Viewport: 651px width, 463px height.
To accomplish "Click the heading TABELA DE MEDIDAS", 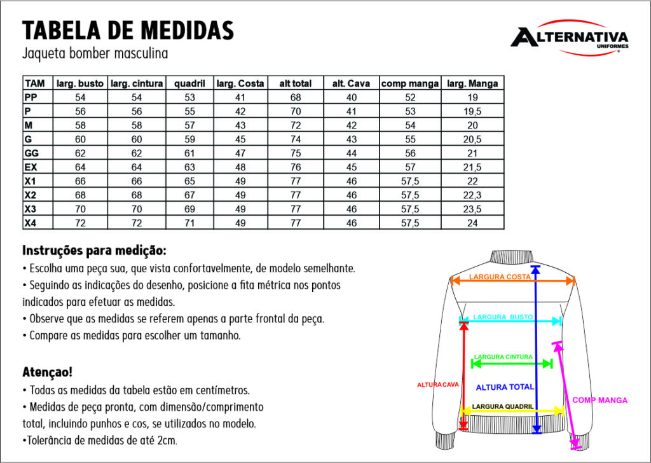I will tap(128, 29).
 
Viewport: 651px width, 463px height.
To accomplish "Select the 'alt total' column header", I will tap(296, 83).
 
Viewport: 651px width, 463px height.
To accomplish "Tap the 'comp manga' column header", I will tap(410, 83).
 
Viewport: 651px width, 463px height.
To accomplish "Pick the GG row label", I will tap(32, 153).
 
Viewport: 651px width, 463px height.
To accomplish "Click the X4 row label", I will tap(31, 223).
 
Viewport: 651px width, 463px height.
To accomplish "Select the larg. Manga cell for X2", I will tap(472, 195).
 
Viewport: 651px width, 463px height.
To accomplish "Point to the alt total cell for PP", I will tap(296, 97).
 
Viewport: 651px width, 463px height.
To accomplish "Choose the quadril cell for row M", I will tap(189, 125).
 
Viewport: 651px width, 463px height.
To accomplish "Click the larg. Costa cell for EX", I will tap(240, 167).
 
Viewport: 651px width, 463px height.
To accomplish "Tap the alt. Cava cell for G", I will tap(352, 139).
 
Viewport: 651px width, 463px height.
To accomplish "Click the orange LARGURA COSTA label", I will tap(500, 277).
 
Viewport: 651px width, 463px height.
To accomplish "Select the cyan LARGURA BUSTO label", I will tap(503, 317).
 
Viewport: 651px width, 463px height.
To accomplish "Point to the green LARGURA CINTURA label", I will tap(504, 357).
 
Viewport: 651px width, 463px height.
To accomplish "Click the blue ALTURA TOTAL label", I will tap(505, 387).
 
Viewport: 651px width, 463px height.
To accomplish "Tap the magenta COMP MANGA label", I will tap(600, 400).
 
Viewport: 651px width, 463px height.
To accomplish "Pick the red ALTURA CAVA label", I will tap(437, 385).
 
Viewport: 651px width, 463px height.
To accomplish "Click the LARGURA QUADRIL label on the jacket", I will tap(503, 406).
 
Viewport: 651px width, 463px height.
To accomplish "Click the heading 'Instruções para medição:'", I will tap(94, 250).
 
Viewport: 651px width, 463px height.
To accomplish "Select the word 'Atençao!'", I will tap(47, 371).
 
